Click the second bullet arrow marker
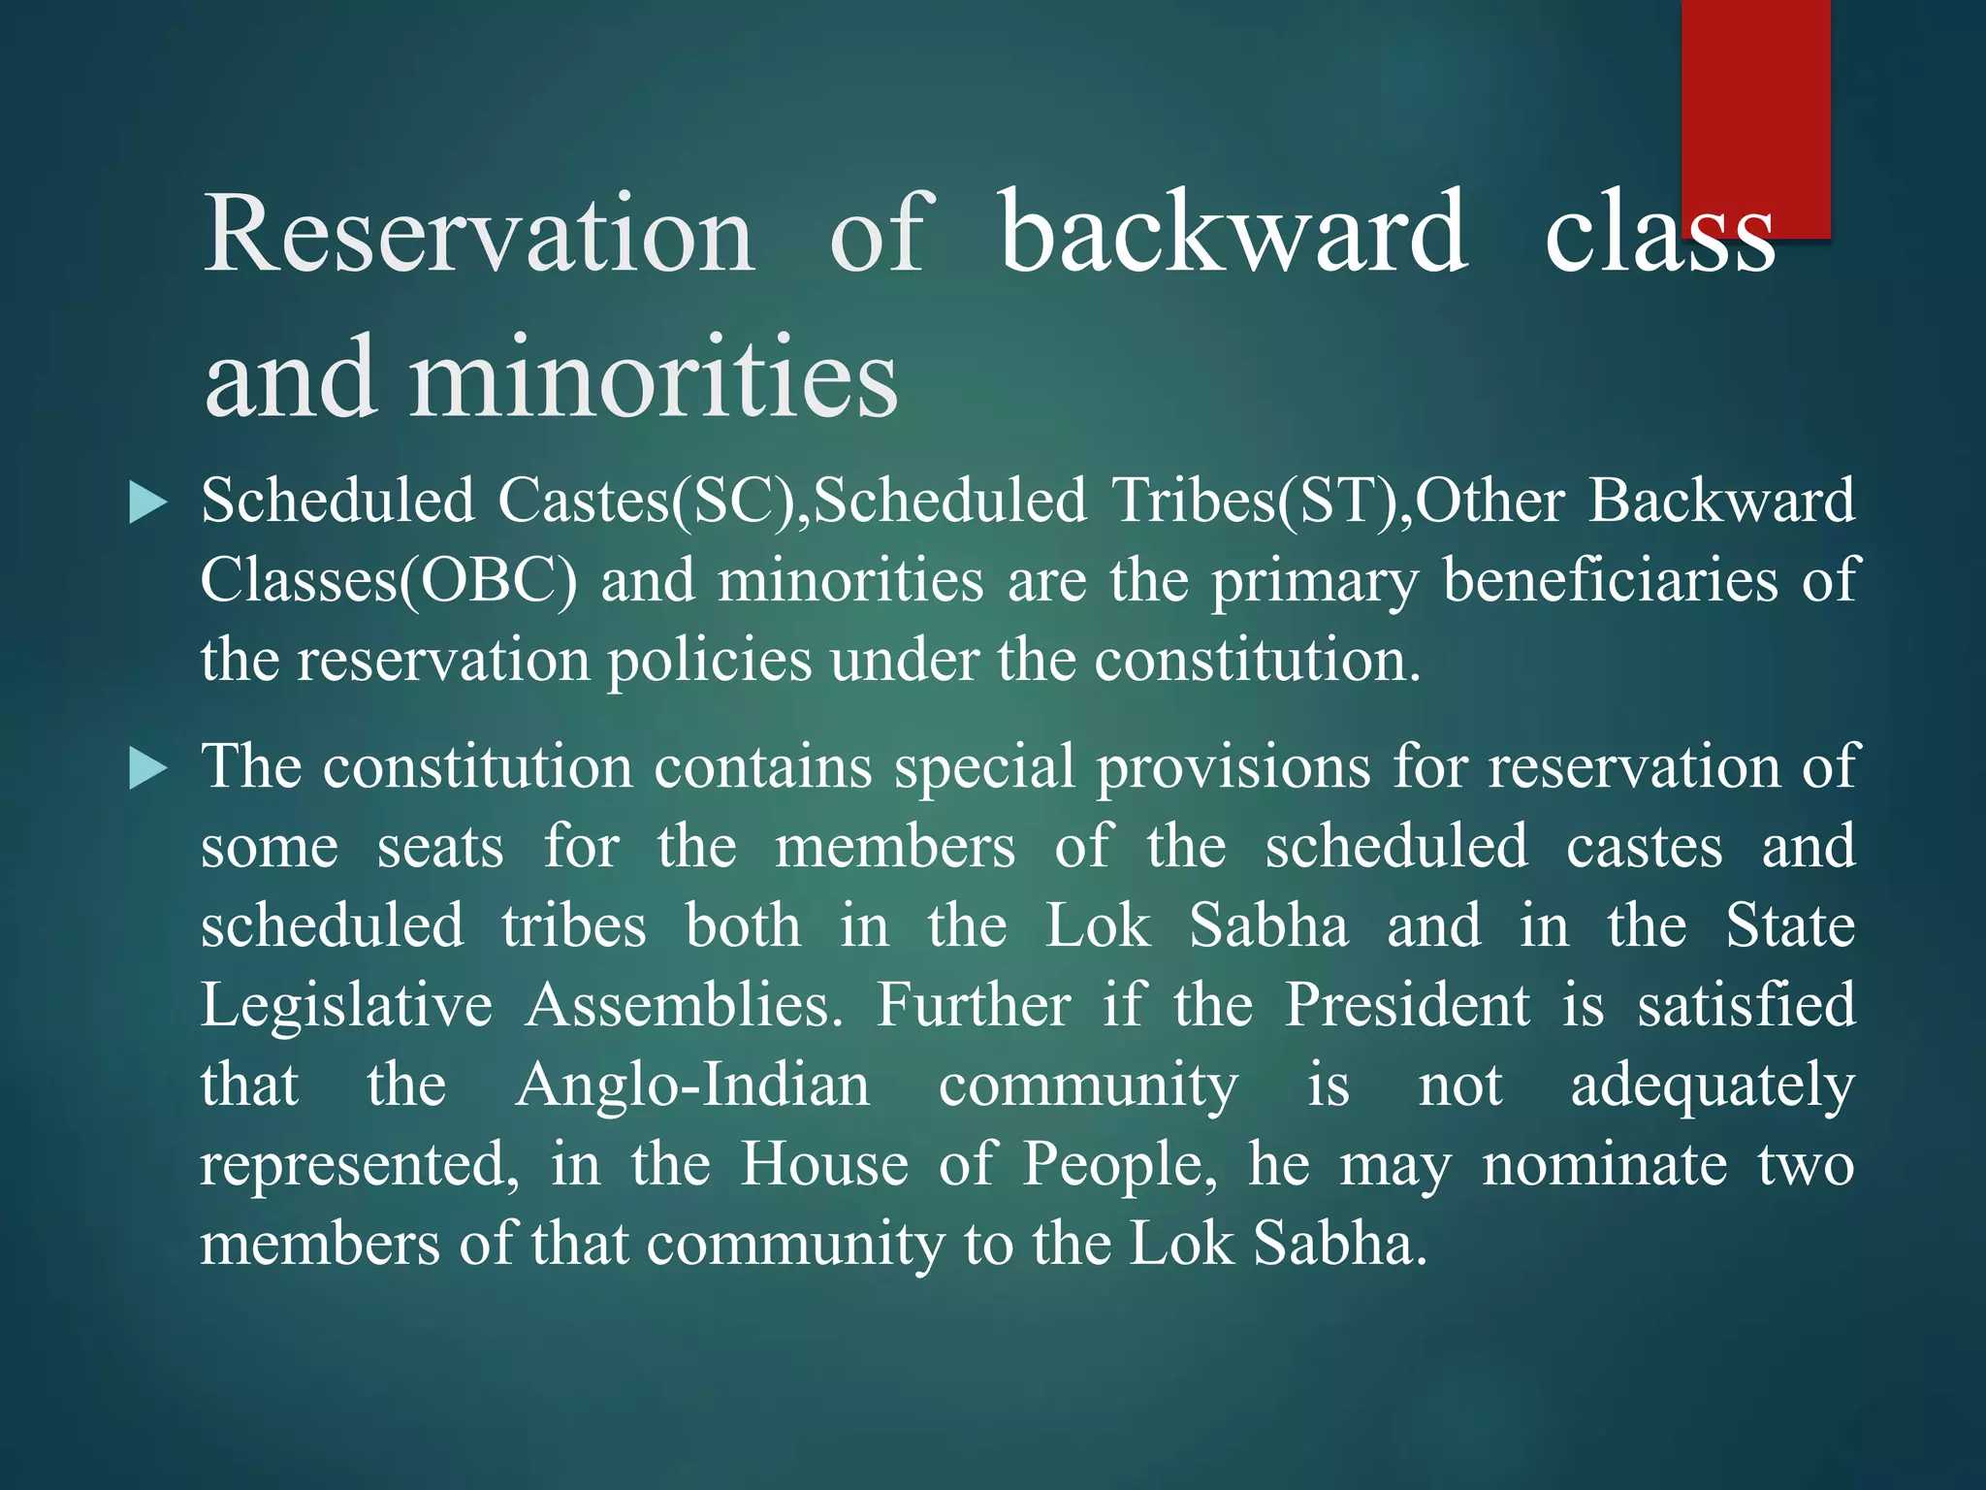(147, 769)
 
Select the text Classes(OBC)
(388, 581)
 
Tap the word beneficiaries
(1610, 581)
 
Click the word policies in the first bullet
(709, 661)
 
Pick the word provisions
(1233, 767)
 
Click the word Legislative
(346, 1005)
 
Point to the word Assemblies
(684, 1005)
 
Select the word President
(1407, 1005)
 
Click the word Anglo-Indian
(692, 1085)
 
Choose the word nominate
(1604, 1164)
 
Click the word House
(824, 1164)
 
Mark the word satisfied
(1746, 1005)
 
